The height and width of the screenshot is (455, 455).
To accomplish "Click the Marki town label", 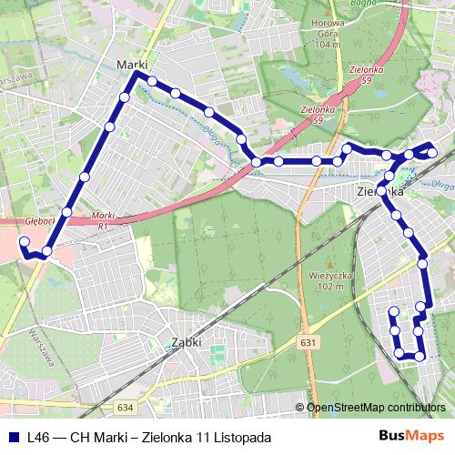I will [132, 64].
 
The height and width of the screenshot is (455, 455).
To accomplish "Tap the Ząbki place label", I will [186, 343].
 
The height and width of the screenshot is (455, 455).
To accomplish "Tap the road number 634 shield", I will [125, 407].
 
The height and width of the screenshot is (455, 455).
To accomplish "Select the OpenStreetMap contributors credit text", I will [376, 408].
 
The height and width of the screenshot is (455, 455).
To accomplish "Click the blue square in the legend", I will [14, 436].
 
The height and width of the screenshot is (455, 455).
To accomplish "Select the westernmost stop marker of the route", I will [25, 242].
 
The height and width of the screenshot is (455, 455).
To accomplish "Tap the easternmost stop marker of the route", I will [432, 151].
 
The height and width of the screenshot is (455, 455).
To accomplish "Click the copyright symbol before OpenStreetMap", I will [299, 408].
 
